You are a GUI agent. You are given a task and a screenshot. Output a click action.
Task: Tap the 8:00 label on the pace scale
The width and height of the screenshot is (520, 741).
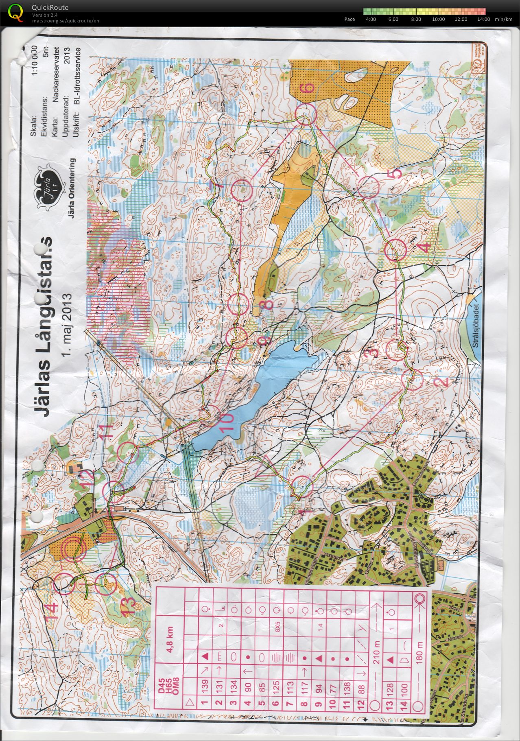(x=416, y=19)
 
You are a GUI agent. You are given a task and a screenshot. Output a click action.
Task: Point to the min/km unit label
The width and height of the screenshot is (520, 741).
(x=503, y=19)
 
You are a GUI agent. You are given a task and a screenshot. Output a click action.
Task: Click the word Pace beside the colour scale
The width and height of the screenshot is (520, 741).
(x=350, y=19)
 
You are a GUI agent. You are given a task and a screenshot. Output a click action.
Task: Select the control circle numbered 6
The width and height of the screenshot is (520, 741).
(x=305, y=114)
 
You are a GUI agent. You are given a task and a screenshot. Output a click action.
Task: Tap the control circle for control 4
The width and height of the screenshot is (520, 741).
(x=395, y=250)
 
